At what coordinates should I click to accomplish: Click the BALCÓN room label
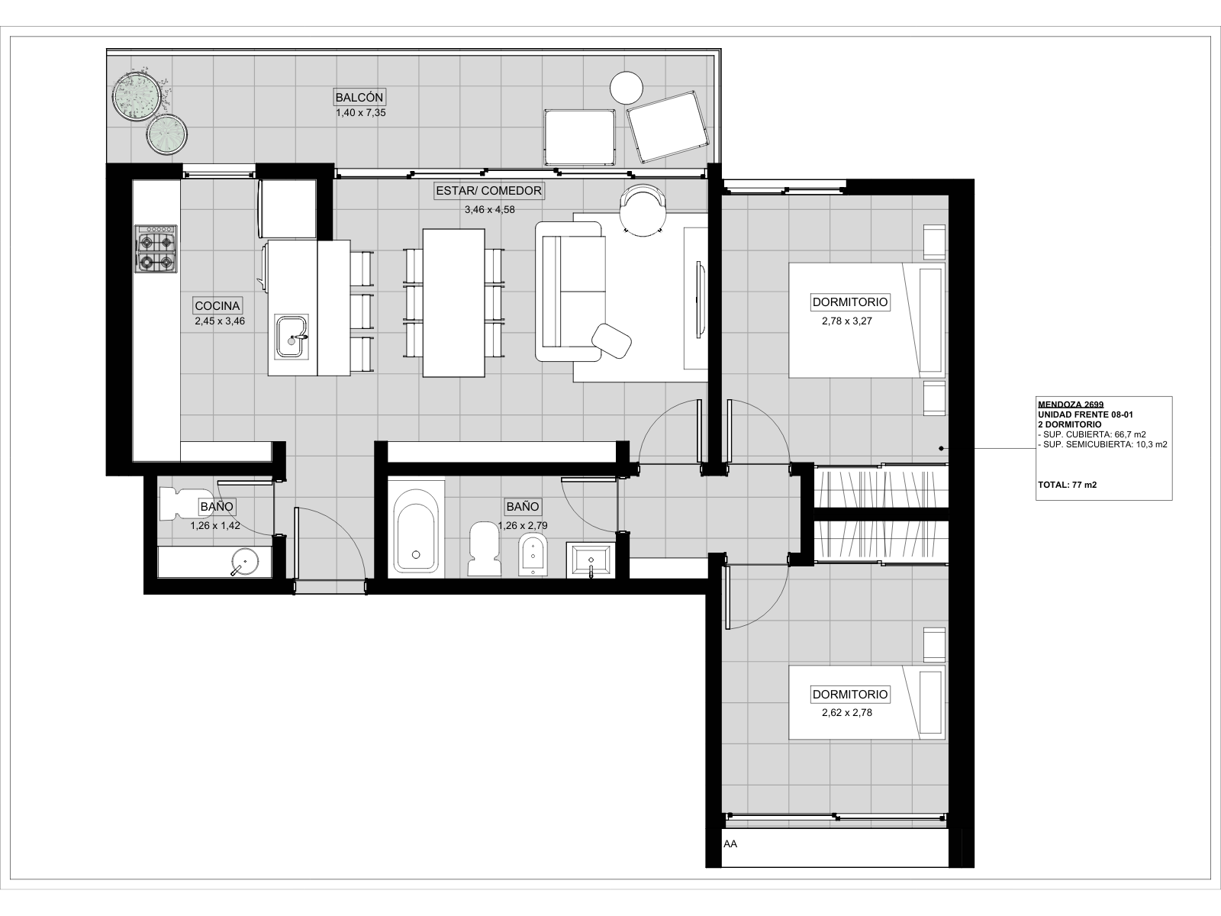359,98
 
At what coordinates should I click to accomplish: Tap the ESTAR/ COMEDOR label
489,191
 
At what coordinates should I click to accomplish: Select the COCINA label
217,305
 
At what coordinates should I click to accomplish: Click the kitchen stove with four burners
156,249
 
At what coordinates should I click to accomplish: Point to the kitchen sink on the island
291,337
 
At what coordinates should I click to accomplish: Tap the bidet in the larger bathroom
533,554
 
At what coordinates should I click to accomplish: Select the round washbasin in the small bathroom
245,562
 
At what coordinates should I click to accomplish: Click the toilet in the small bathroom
186,505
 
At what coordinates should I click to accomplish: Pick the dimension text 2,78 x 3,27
846,321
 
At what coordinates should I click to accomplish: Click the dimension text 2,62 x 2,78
846,712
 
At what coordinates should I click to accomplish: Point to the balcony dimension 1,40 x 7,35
360,113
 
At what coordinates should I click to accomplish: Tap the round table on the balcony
627,88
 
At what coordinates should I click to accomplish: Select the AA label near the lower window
730,843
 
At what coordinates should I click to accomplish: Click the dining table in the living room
453,303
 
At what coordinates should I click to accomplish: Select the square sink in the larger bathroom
591,560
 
